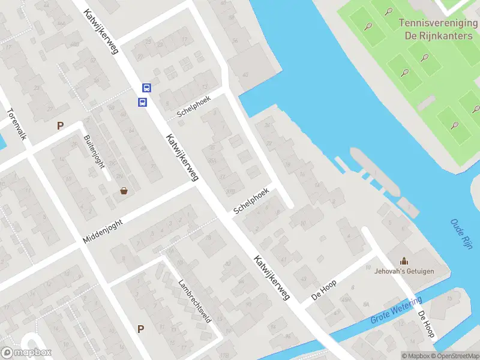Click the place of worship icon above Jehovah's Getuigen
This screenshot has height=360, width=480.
click(x=404, y=261)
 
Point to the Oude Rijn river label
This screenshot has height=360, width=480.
click(x=461, y=234)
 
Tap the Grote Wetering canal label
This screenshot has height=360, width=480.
click(x=396, y=308)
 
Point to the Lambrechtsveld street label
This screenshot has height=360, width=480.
click(x=194, y=301)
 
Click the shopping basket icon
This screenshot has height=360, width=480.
click(x=124, y=191)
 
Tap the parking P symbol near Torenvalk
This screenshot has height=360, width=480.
click(x=59, y=125)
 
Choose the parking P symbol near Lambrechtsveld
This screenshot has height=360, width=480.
click(x=140, y=329)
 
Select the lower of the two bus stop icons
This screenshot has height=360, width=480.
click(x=143, y=102)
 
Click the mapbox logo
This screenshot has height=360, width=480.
click(x=26, y=353)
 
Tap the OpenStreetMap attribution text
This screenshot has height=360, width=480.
click(x=453, y=356)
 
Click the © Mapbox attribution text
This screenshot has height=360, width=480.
click(x=416, y=356)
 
